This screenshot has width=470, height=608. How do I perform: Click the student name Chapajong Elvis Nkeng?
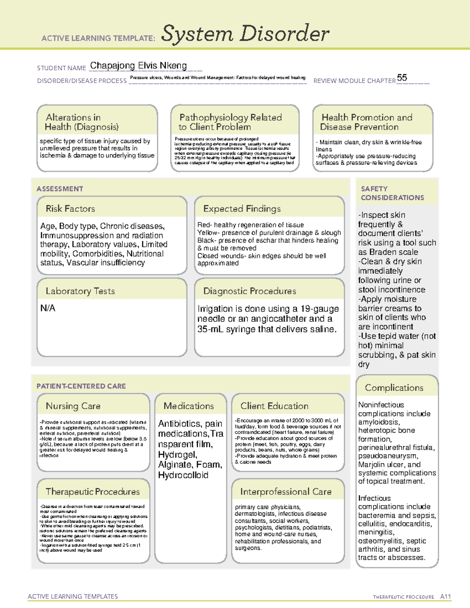(x=138, y=66)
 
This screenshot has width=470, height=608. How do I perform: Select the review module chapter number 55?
(x=402, y=78)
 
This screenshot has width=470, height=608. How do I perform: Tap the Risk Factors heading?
(x=70, y=209)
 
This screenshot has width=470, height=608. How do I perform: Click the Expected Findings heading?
(x=242, y=209)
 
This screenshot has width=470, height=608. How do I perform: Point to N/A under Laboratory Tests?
(x=48, y=308)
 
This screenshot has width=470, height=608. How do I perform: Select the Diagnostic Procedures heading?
(x=249, y=291)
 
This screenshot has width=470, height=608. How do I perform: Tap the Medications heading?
(x=189, y=406)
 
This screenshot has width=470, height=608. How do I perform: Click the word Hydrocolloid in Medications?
(x=183, y=475)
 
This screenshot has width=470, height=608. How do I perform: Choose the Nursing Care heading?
(x=73, y=406)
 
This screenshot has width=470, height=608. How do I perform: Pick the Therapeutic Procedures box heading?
(x=92, y=491)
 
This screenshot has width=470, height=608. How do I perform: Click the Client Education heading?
(x=274, y=406)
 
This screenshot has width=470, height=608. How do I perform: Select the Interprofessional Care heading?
(x=286, y=491)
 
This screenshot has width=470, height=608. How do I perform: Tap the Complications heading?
(x=394, y=388)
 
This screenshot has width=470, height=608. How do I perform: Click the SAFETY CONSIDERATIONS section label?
(x=392, y=193)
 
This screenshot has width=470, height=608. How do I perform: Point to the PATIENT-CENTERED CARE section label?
(x=81, y=386)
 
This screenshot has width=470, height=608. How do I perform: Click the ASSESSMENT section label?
(x=60, y=189)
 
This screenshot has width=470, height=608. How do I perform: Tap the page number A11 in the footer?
(x=445, y=596)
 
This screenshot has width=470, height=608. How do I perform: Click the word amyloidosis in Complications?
(x=379, y=422)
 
